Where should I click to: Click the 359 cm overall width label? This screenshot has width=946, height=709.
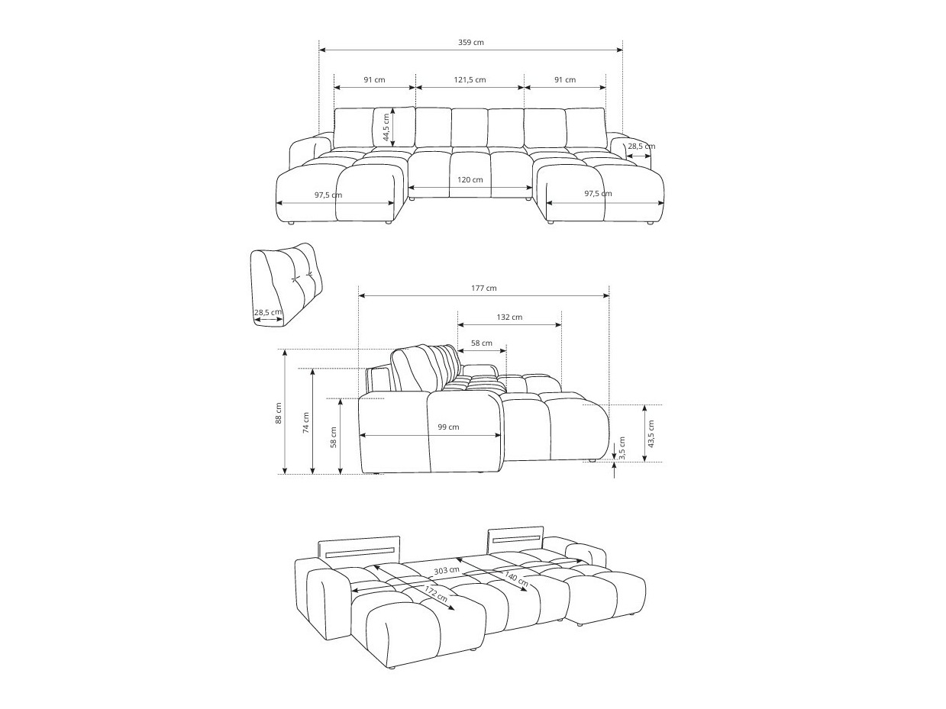tap(470, 43)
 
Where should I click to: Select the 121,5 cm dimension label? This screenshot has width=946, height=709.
tap(470, 80)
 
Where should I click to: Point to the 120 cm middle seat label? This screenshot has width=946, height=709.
tap(470, 180)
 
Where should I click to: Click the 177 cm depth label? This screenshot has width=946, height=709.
tap(483, 288)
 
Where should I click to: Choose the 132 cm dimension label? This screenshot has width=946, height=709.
tap(509, 317)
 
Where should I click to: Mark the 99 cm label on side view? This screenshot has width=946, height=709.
tap(448, 427)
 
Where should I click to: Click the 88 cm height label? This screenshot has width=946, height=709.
tap(279, 413)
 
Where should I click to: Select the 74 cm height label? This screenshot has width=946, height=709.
tap(306, 421)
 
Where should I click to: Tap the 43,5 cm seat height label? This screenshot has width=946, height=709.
tap(651, 433)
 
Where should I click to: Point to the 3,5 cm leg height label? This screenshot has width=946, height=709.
tap(622, 446)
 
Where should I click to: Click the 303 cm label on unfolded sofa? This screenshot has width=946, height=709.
tap(446, 570)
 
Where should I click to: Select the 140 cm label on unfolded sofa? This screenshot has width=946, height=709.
tap(515, 579)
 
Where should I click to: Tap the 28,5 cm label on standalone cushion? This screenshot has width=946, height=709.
tap(267, 312)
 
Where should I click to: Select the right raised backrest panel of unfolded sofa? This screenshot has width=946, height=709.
tap(515, 538)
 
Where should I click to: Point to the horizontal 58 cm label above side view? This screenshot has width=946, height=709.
tap(481, 343)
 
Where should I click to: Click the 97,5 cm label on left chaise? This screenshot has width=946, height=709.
tap(328, 195)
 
